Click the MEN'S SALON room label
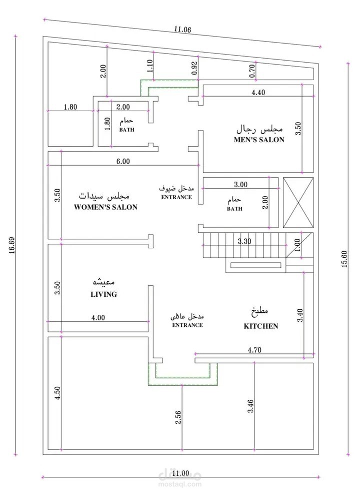coord(259,140)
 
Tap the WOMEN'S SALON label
coord(105,207)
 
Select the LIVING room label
coord(103,294)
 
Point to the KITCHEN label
coord(260,326)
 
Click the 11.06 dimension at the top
coord(182,29)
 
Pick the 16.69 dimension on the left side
coord(12,246)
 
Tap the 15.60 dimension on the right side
coord(344,259)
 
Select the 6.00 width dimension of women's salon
coord(123,161)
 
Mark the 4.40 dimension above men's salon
coord(258,93)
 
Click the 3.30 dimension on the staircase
coord(244,241)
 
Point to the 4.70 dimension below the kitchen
coord(254,350)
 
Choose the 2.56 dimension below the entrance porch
coord(178,417)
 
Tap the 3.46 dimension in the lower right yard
coord(250,406)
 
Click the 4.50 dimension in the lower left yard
coord(57,393)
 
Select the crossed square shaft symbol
coord(298,203)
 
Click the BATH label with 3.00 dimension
coord(234,209)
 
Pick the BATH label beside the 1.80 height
coord(126,130)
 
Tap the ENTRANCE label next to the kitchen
coord(187,325)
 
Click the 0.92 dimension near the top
coord(194,68)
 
